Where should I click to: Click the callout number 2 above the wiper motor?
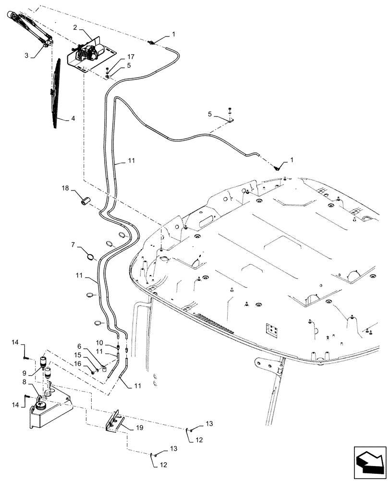click(75, 27)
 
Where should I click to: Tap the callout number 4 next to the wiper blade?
click(73, 118)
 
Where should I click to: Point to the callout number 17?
click(117, 57)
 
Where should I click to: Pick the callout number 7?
click(73, 245)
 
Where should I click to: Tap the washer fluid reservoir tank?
click(48, 409)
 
